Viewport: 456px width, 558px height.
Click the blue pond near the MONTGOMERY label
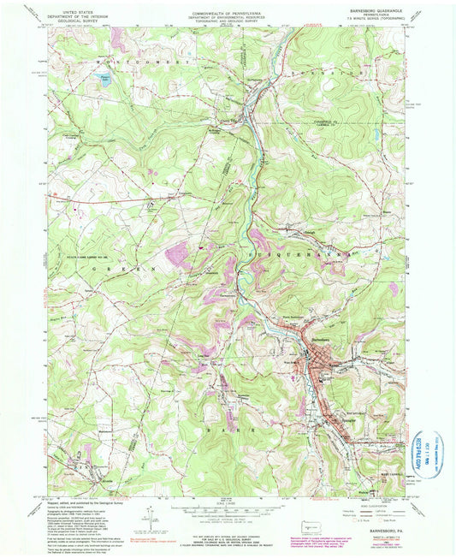(x=105, y=84)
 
